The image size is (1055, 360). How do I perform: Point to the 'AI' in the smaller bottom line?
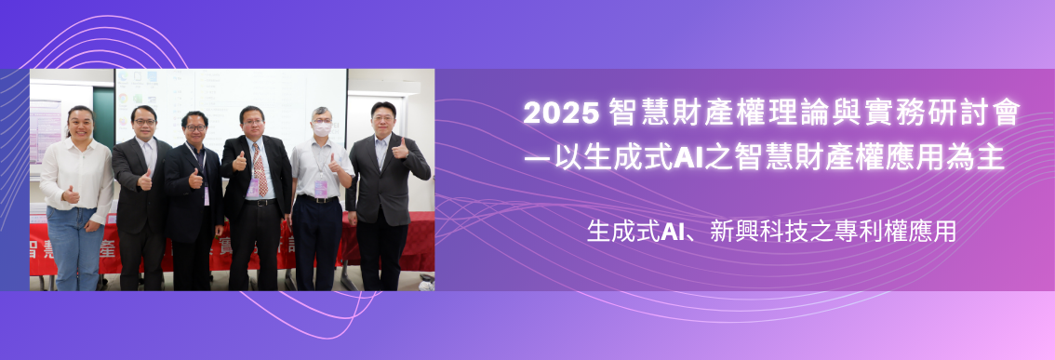[x=674, y=231]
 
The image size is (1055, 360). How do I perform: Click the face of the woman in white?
[x=81, y=124]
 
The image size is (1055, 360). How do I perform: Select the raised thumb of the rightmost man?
[x=400, y=146]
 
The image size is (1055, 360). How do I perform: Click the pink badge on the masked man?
[x=321, y=188]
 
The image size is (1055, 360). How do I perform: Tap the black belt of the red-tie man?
[x=260, y=202]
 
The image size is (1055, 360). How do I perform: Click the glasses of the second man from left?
[x=142, y=122]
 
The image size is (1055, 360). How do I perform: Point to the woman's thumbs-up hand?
[x=71, y=194]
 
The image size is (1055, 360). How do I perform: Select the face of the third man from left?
[x=195, y=125]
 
